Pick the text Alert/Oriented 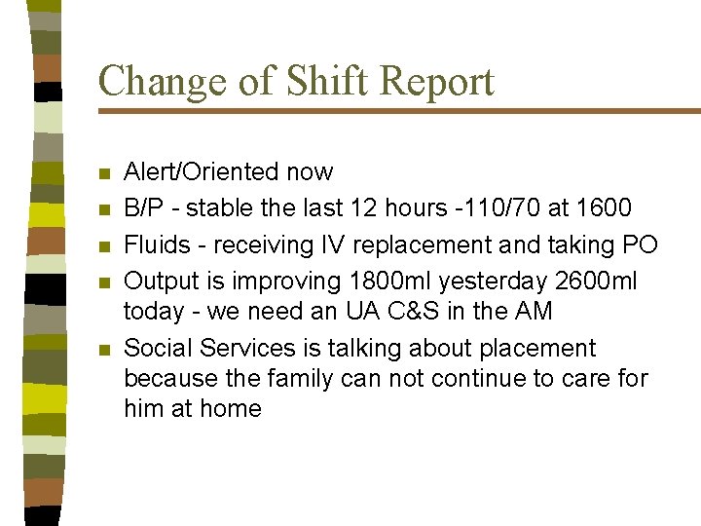(203, 172)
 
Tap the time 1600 (604, 207)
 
